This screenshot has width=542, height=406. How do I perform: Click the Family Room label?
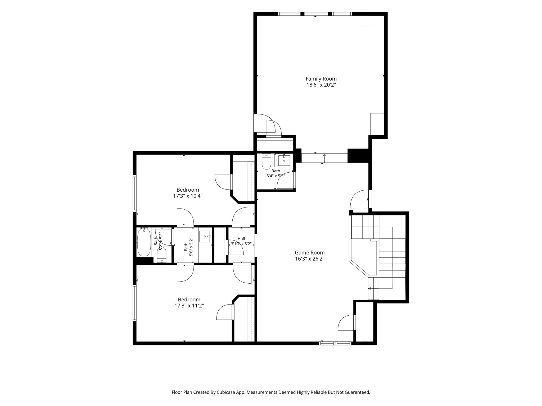[321, 79]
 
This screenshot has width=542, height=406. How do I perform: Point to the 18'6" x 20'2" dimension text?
[321, 85]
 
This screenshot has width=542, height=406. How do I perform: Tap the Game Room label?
[310, 252]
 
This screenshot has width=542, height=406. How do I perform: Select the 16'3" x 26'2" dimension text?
[310, 259]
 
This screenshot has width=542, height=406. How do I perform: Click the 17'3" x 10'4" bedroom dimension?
[188, 196]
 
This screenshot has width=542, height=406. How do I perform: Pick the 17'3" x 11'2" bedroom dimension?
[189, 306]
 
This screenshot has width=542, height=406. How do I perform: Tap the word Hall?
[241, 239]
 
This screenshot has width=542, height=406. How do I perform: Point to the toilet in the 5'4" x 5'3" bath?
[266, 161]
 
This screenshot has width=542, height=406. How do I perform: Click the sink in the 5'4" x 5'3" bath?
[284, 160]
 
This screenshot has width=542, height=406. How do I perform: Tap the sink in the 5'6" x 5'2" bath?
[205, 236]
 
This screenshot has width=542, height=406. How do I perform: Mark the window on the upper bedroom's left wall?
[135, 193]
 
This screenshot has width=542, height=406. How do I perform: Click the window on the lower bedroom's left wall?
[135, 303]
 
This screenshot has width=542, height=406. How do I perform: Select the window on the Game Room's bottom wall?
[335, 343]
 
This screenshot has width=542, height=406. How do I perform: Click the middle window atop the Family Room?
[316, 14]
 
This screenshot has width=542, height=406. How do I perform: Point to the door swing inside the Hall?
[235, 247]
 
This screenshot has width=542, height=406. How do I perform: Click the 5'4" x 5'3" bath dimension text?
[275, 176]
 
